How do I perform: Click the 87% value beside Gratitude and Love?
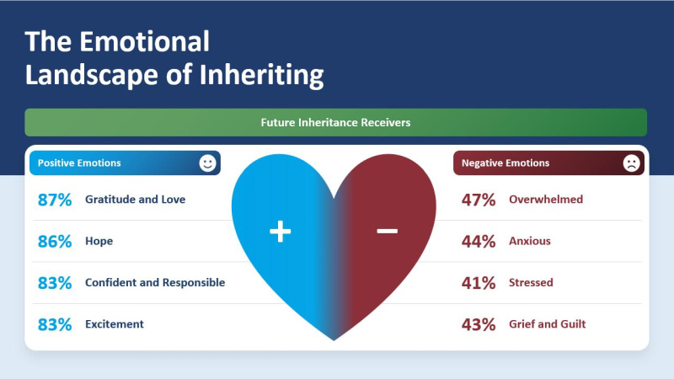(55, 200)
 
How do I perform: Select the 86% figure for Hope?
(55, 242)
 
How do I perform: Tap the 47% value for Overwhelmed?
(479, 200)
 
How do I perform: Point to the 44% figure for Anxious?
(479, 242)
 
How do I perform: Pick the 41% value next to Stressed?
(479, 283)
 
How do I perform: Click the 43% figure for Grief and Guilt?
(479, 324)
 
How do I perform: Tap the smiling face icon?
(207, 163)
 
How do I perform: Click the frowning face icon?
(631, 163)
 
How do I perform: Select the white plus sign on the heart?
(281, 231)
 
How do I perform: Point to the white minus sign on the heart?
(388, 231)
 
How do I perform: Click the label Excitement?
(115, 324)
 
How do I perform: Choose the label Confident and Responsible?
(155, 282)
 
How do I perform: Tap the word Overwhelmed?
(546, 200)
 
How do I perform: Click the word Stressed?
(531, 282)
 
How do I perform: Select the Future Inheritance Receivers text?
(335, 122)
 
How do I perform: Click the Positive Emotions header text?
(79, 163)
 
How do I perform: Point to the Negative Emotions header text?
(505, 163)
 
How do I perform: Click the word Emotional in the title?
(144, 41)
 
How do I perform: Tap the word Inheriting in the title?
(261, 75)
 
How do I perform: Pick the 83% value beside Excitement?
(55, 324)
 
